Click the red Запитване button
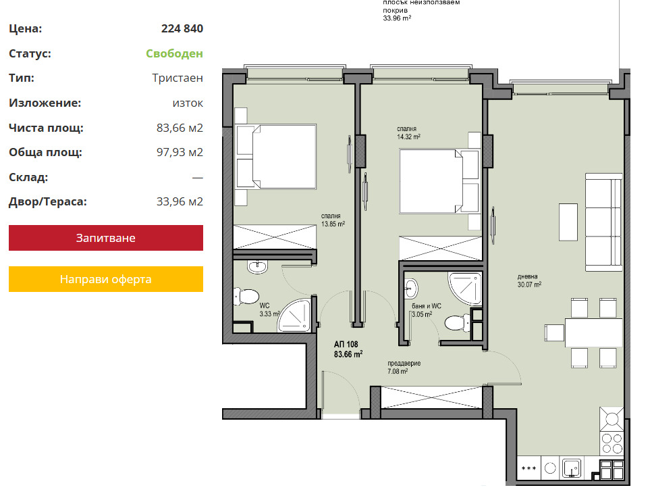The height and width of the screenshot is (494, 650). tap(106, 238)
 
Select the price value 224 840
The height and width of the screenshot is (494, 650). tap(182, 28)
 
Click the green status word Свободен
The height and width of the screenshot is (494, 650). tap(174, 53)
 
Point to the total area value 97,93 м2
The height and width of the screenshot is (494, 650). tap(180, 152)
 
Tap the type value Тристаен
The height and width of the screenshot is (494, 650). tap(178, 78)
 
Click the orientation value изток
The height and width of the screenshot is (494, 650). tap(188, 103)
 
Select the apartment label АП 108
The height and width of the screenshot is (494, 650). tap(346, 344)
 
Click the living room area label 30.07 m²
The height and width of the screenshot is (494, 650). tap(529, 285)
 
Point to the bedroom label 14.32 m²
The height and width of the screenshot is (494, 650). tap(409, 137)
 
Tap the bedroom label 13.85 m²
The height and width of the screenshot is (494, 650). tap(333, 224)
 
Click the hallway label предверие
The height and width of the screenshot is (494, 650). tap(404, 364)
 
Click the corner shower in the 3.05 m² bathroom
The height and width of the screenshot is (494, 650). tap(465, 288)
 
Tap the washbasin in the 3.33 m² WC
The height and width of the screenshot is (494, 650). tap(257, 266)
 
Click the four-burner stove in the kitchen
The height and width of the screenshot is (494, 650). tap(612, 443)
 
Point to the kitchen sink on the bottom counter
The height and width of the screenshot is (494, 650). tap(572, 468)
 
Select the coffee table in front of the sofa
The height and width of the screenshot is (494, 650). tap(568, 222)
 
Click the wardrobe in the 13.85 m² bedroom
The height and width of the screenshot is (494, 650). tap(275, 237)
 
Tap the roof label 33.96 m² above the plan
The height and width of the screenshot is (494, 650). tap(397, 18)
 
